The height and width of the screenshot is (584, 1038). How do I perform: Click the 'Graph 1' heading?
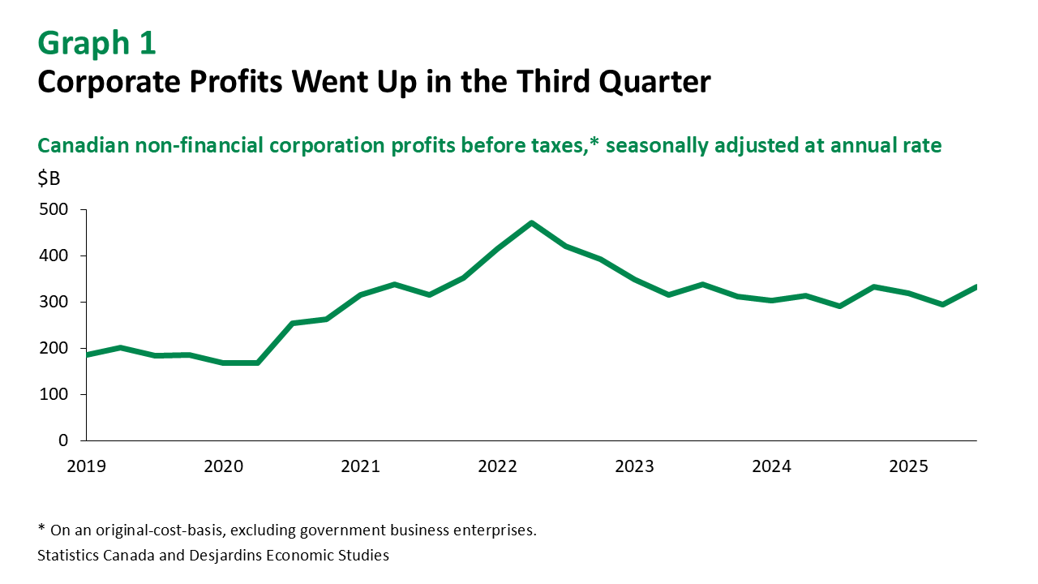97,44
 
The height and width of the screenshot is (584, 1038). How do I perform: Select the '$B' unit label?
49,179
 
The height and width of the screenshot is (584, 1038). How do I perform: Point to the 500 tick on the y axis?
54,210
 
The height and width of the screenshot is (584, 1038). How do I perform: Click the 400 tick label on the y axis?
54,256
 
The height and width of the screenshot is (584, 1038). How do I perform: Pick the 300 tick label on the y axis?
54,303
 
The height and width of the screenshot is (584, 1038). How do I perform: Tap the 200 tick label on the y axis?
54,349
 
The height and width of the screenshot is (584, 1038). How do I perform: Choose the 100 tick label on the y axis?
54,395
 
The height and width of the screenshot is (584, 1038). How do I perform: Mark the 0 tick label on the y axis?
62,441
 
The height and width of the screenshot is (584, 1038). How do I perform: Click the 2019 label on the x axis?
86,467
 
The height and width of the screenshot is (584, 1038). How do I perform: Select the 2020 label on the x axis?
223,467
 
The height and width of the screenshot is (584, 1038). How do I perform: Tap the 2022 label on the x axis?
497,467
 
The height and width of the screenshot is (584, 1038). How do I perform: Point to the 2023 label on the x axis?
634,467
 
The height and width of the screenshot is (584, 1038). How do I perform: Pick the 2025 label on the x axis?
908,467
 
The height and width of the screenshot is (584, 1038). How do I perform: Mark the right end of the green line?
976,286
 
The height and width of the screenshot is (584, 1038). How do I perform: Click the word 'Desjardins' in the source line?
230,556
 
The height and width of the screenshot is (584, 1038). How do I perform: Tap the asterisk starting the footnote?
41,530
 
